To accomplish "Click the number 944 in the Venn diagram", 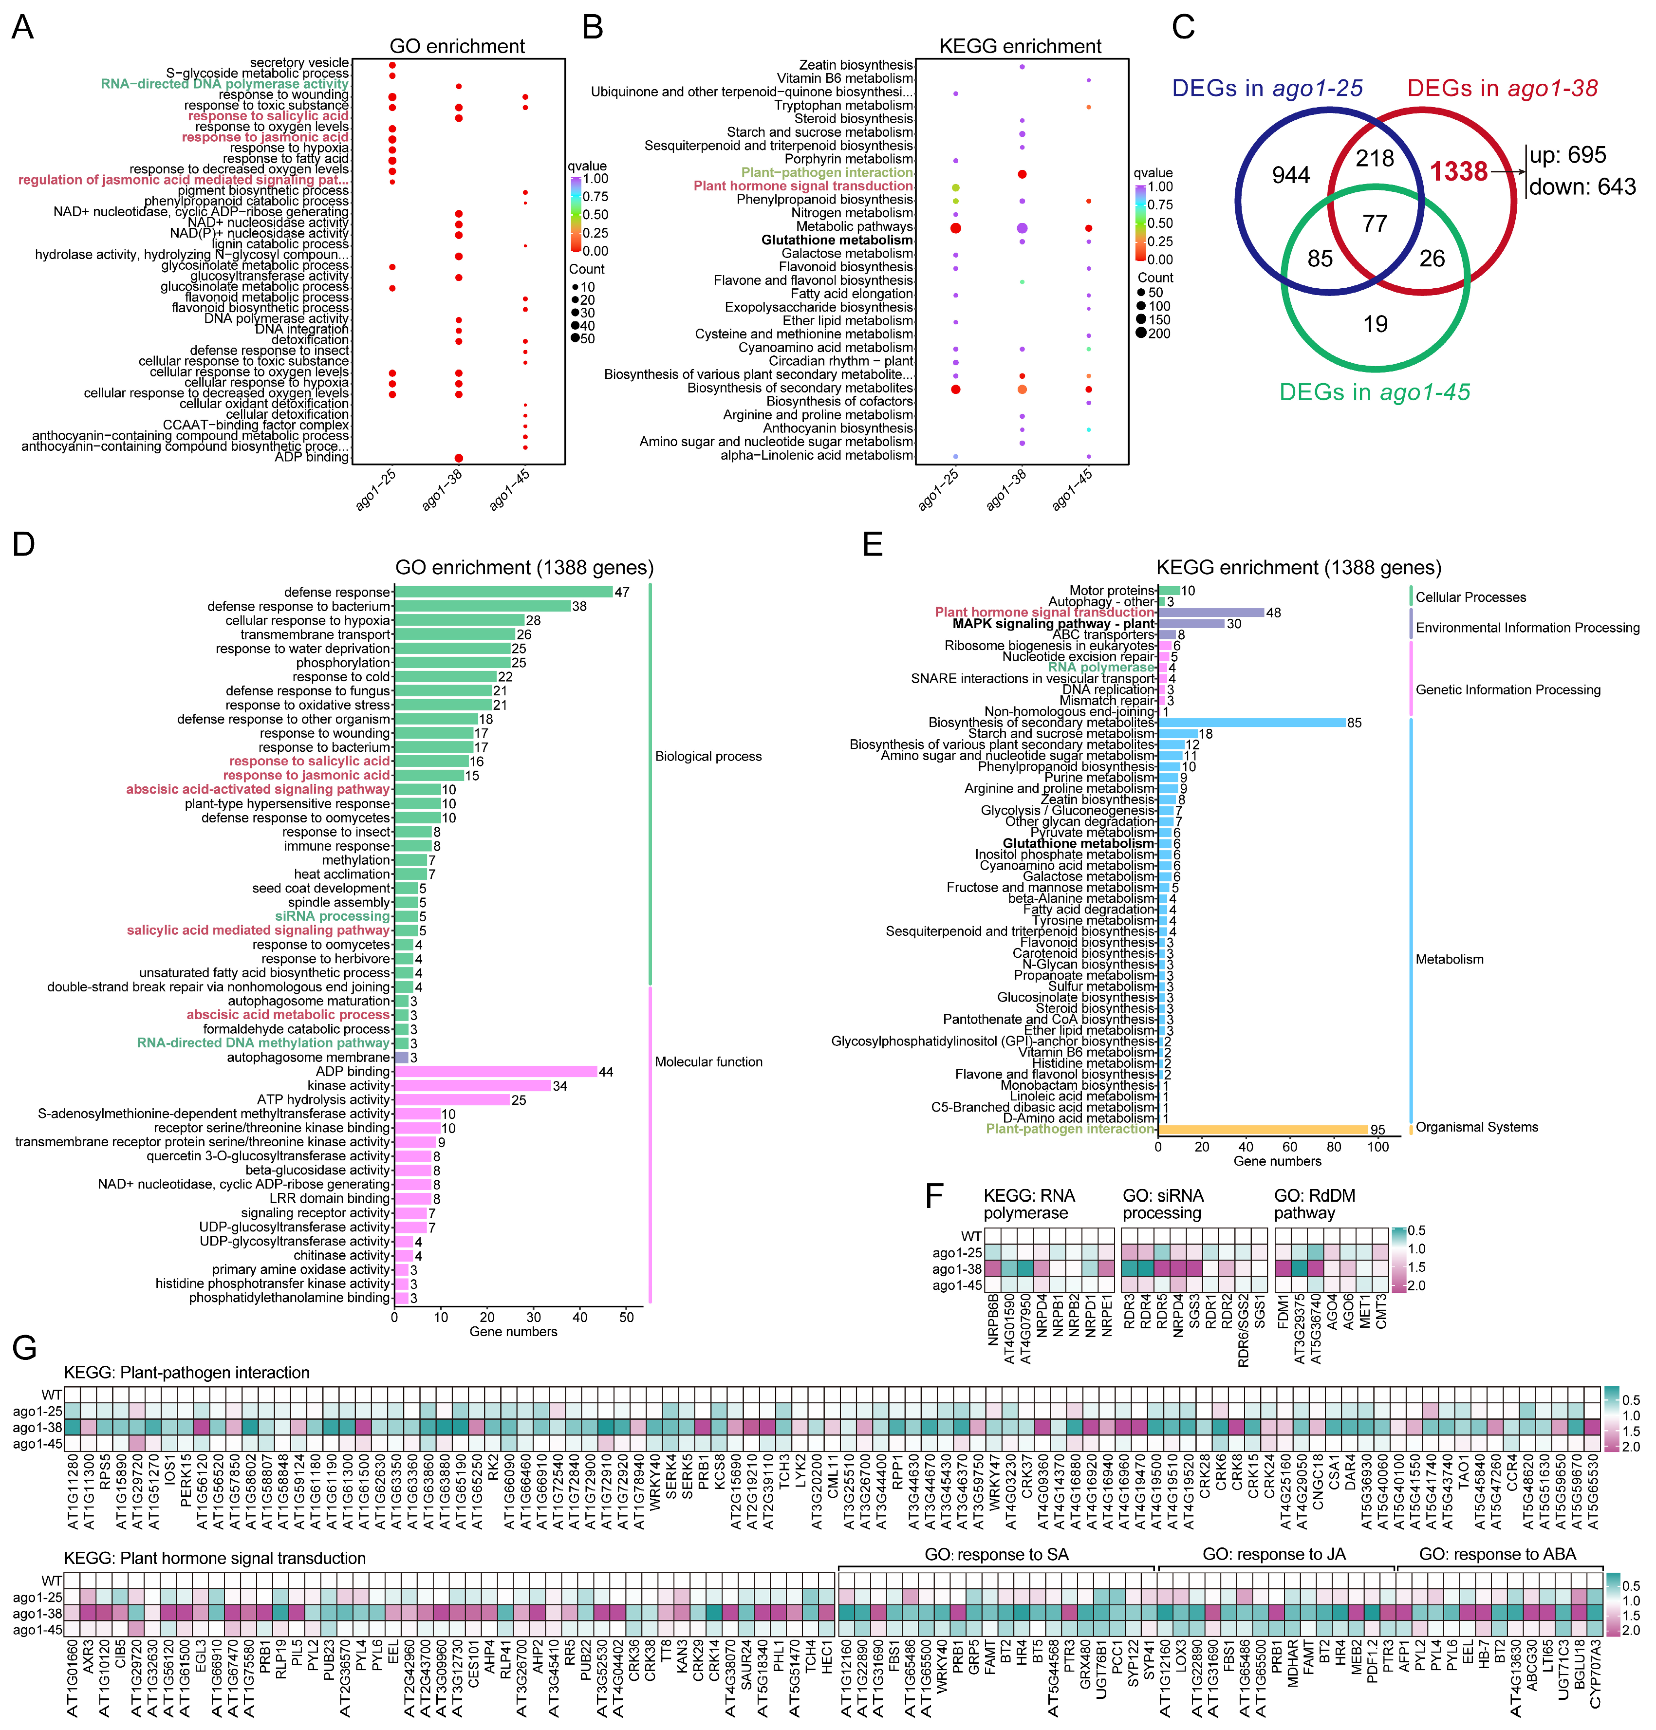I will [x=1290, y=176].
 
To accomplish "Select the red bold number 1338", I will [x=1458, y=171].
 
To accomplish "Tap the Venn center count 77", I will [x=1375, y=223].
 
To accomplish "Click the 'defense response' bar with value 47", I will [x=503, y=592].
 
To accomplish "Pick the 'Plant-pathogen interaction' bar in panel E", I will [x=1262, y=1130].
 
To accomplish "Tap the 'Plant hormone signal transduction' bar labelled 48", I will [x=1210, y=613].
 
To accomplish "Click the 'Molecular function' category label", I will [x=708, y=1062].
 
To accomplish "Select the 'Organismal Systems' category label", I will [x=1476, y=1127].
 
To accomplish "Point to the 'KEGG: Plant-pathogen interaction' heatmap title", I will [x=186, y=1373].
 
